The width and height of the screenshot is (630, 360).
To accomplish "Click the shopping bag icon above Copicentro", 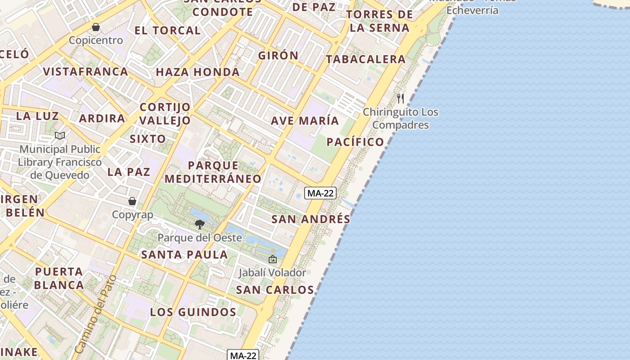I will pyautogui.click(x=95, y=27).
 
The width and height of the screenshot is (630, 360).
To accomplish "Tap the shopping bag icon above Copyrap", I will pyautogui.click(x=132, y=201).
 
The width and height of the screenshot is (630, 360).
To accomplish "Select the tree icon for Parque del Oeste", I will pyautogui.click(x=199, y=224).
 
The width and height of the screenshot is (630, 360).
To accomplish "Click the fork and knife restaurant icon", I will pyautogui.click(x=400, y=99).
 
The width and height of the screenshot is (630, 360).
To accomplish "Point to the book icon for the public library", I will pyautogui.click(x=60, y=135).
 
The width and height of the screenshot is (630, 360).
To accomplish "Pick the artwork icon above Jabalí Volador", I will pyautogui.click(x=272, y=259).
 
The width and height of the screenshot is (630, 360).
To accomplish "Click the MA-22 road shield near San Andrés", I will pyautogui.click(x=320, y=193).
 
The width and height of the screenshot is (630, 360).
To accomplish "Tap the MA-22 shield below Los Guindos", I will pyautogui.click(x=243, y=355).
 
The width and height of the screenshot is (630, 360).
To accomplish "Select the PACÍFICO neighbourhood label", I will pyautogui.click(x=355, y=142).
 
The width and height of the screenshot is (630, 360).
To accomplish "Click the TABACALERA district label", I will pyautogui.click(x=366, y=59).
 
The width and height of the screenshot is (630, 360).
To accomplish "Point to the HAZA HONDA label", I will pyautogui.click(x=198, y=72).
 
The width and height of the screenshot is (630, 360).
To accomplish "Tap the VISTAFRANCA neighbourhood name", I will pyautogui.click(x=85, y=72).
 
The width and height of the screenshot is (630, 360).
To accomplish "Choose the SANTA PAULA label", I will pyautogui.click(x=184, y=255).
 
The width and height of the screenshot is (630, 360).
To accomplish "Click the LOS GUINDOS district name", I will pyautogui.click(x=193, y=312).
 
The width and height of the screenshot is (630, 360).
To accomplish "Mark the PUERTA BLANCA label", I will pyautogui.click(x=59, y=278).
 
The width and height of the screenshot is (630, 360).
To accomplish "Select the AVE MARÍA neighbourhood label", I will pyautogui.click(x=305, y=121).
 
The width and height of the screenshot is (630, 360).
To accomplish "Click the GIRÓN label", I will pyautogui.click(x=278, y=56).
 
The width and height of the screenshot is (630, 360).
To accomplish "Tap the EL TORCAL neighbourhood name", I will pyautogui.click(x=167, y=31).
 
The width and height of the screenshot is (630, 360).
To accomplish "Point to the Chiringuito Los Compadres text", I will pyautogui.click(x=400, y=118).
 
